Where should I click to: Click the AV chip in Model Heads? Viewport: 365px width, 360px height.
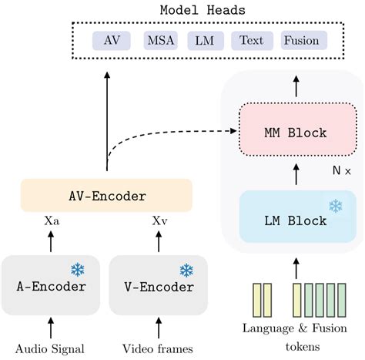[x=112, y=41]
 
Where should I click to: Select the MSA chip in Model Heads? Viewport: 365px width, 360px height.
[x=161, y=41]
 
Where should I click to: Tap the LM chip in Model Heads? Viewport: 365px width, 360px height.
[x=206, y=41]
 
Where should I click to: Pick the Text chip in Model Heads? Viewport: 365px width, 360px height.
[x=252, y=41]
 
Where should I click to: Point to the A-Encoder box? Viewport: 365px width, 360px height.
[x=51, y=285]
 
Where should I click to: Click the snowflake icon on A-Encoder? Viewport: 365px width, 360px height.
[x=78, y=270]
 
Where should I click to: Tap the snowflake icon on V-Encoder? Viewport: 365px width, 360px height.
[x=186, y=270]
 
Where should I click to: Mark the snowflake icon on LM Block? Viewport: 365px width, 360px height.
[x=336, y=206]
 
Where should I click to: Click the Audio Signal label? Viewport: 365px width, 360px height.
[x=51, y=348]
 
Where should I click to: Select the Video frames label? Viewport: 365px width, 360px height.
[x=159, y=348]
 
